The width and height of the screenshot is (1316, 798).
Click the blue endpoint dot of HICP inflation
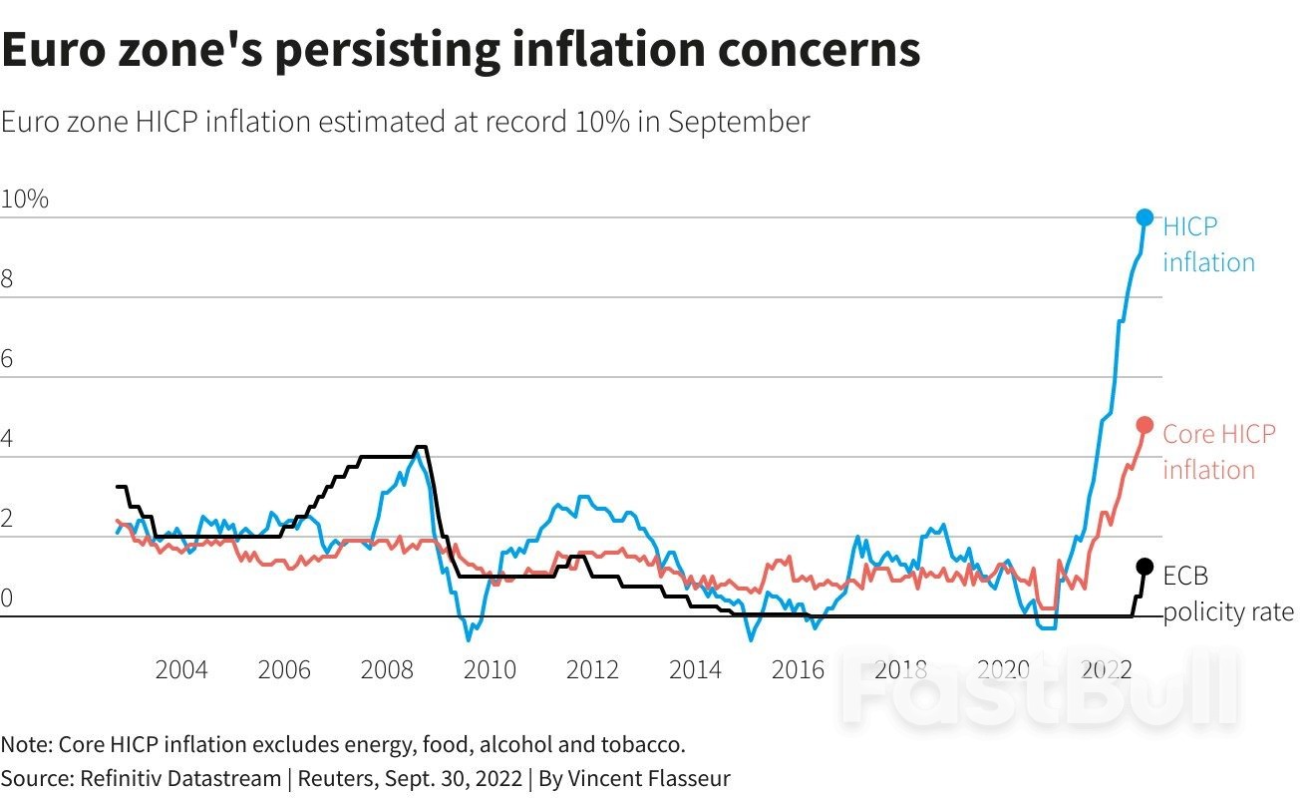(1145, 217)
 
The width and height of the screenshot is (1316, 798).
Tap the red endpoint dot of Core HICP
(1145, 425)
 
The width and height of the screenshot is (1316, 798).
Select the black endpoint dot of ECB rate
(1145, 567)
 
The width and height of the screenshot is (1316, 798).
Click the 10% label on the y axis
(24, 199)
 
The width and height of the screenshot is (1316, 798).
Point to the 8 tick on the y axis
(7, 279)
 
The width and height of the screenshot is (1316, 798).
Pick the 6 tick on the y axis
(7, 359)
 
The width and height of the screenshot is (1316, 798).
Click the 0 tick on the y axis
(7, 598)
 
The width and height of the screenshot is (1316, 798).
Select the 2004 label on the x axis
(181, 669)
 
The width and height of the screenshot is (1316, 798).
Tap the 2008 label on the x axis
(387, 669)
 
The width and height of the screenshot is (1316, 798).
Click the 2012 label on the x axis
(592, 669)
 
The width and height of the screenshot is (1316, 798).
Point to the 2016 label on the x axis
(798, 669)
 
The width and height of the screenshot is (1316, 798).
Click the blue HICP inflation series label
(1207, 244)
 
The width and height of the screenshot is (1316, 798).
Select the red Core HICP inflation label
(1217, 452)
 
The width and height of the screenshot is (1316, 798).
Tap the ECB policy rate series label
(1227, 594)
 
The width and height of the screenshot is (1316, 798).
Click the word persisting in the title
(389, 49)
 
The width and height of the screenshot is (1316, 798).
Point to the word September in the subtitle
(738, 123)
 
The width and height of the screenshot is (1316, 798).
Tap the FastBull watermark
(1037, 688)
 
